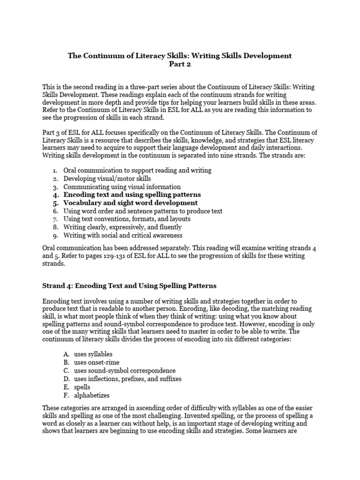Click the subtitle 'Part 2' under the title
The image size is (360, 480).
click(180, 65)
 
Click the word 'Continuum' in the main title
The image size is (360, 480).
click(98, 55)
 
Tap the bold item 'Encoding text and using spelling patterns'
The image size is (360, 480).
click(132, 194)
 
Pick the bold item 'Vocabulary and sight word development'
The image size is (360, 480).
click(130, 202)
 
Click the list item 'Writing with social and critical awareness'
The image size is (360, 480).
click(123, 235)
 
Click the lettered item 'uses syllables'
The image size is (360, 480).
click(93, 354)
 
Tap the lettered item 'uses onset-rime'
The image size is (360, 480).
click(97, 362)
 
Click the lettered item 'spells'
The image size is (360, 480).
click(82, 387)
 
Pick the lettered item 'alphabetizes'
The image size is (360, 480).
click(91, 395)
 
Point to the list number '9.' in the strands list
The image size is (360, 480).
click(55, 235)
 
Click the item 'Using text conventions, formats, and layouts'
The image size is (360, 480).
click(127, 219)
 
